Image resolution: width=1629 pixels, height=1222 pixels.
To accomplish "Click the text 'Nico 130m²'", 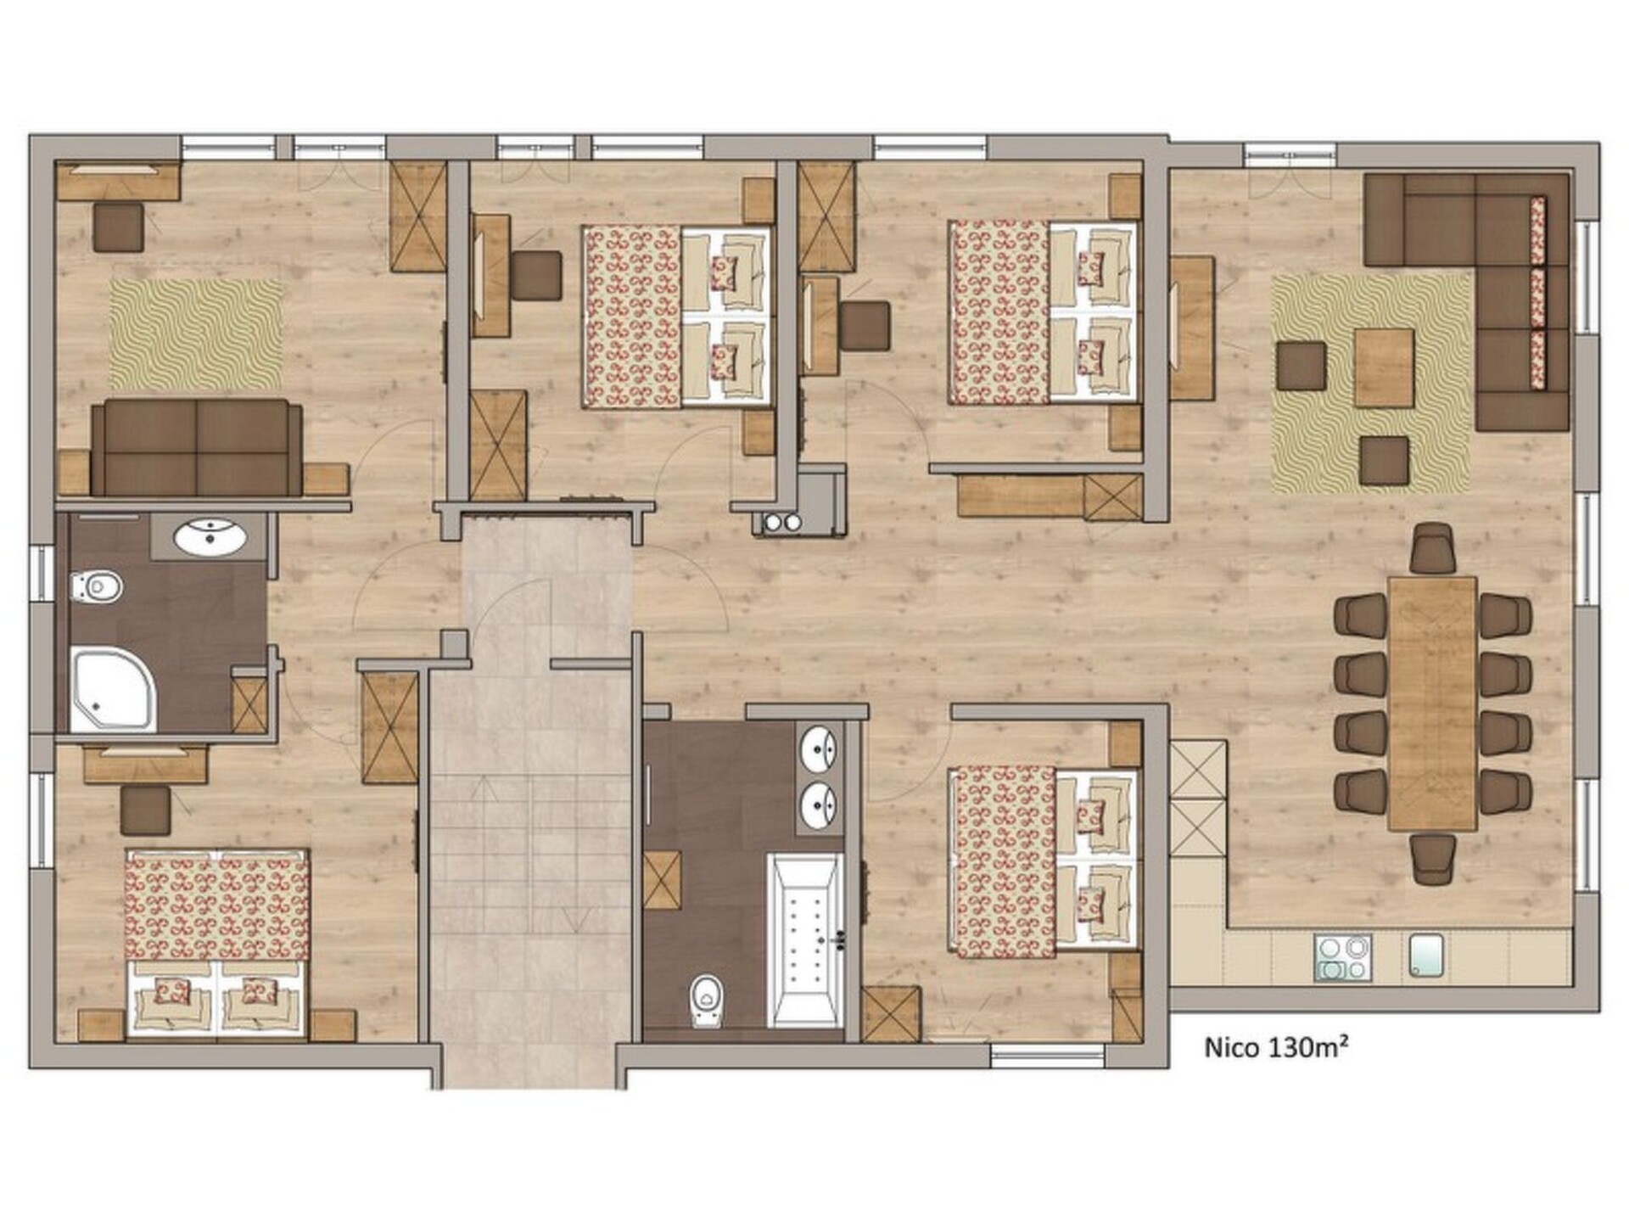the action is [x=1276, y=1047].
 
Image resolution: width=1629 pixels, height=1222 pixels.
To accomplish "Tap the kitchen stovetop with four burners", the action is [x=1342, y=958].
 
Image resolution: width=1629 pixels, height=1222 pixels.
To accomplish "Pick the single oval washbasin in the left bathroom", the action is [x=210, y=536].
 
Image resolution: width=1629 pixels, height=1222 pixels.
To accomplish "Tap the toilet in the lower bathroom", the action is [x=706, y=1000].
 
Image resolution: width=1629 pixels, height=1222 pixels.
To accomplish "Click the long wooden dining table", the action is [x=1432, y=703].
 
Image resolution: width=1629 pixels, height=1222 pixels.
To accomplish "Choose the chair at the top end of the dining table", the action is [x=1434, y=548].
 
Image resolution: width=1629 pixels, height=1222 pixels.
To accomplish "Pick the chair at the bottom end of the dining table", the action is [x=1434, y=859].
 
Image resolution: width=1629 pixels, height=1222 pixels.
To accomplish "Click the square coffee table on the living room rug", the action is [x=1384, y=367].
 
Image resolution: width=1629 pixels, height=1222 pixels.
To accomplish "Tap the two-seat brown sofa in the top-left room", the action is [x=197, y=447].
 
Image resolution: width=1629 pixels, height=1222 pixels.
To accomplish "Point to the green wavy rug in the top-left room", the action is [x=196, y=334].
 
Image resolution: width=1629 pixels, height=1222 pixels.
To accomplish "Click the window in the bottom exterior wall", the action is [x=1048, y=1057].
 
